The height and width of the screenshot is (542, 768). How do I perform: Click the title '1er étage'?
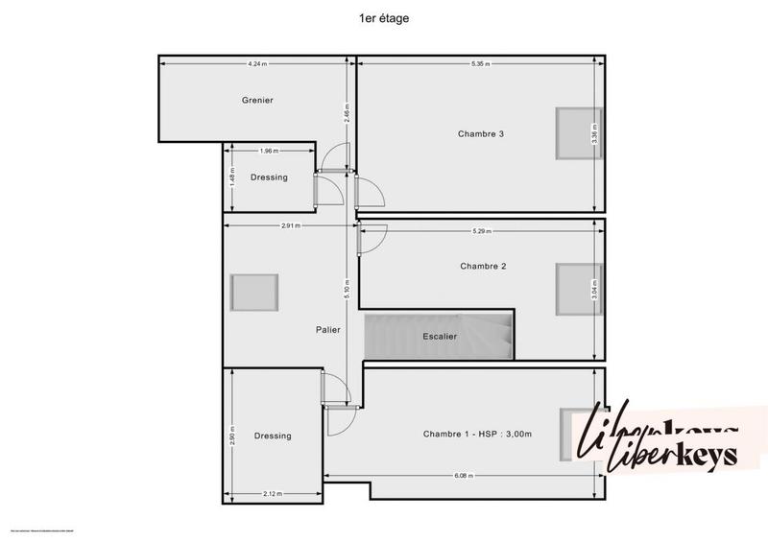(383, 16)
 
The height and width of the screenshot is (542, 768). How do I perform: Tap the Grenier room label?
(257, 100)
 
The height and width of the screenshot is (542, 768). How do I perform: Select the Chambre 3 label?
(481, 133)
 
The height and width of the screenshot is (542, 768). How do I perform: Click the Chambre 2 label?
(483, 266)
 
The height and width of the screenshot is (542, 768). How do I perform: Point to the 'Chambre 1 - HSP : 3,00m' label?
(477, 435)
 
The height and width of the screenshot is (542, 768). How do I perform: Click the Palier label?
(328, 329)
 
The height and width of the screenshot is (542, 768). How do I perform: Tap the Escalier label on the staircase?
(440, 337)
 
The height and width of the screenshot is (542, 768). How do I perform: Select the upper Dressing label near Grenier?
(269, 177)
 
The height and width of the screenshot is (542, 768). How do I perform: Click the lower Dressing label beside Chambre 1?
(273, 436)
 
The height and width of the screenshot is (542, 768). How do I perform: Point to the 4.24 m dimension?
(256, 64)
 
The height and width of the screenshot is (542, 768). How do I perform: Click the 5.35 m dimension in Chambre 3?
(481, 64)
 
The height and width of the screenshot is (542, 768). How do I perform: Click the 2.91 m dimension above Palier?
(291, 225)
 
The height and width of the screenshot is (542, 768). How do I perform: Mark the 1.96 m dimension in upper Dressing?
(269, 151)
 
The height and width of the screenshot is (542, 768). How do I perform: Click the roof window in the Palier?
(254, 292)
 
